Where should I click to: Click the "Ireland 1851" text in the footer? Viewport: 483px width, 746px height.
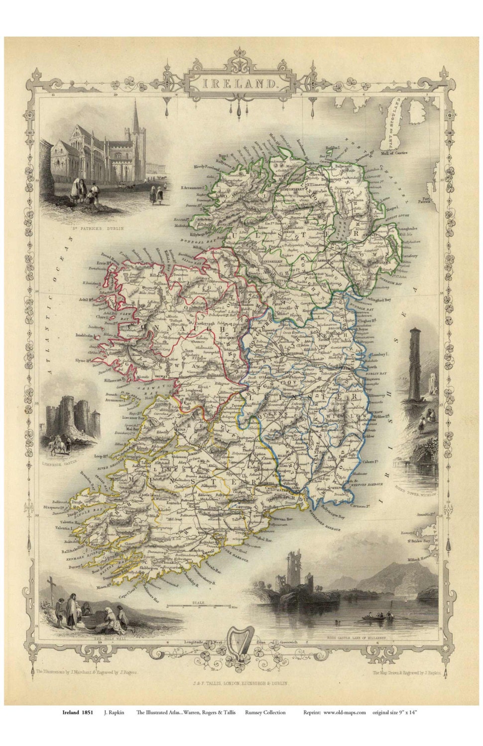(77, 713)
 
